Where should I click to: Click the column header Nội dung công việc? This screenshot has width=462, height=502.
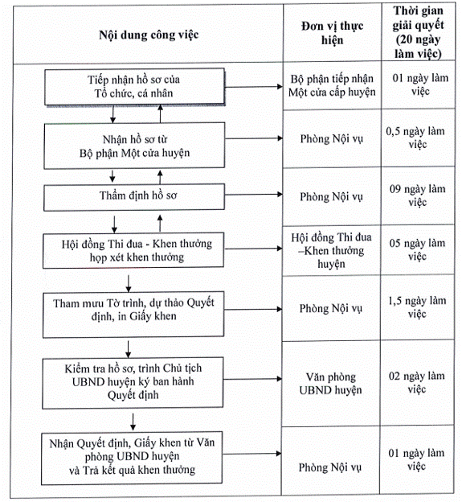point(149,35)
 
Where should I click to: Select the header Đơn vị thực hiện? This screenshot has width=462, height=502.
point(332,33)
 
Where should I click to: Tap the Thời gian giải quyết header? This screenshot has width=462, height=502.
point(418,32)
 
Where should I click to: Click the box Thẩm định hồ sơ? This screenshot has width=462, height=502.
point(134,196)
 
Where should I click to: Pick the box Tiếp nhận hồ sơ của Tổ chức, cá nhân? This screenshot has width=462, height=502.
point(135,86)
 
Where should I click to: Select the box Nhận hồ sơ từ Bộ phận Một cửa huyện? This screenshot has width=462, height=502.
point(134,146)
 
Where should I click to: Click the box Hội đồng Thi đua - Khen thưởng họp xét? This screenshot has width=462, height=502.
point(133,250)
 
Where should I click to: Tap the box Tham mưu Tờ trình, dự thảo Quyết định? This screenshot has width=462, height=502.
point(133,315)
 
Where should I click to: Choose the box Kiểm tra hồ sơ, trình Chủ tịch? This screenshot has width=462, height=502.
point(133,383)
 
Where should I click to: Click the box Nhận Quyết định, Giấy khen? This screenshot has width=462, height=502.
point(132,458)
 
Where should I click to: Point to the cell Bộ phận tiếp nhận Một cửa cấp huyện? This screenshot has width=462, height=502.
point(332,85)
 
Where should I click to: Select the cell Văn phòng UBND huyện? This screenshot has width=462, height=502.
point(330,383)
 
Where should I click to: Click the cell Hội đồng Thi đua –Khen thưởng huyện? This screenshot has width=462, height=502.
point(331,250)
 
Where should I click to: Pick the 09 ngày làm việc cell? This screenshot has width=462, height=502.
point(418,195)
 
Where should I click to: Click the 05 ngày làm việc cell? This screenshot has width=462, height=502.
point(417,249)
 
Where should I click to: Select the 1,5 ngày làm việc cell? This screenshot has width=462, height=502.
point(417,307)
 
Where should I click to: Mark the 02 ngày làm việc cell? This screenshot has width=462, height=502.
point(416,382)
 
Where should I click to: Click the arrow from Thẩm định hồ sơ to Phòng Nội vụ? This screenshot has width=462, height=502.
point(254,195)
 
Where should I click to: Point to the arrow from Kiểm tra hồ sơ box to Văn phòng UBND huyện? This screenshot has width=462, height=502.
point(252,379)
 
